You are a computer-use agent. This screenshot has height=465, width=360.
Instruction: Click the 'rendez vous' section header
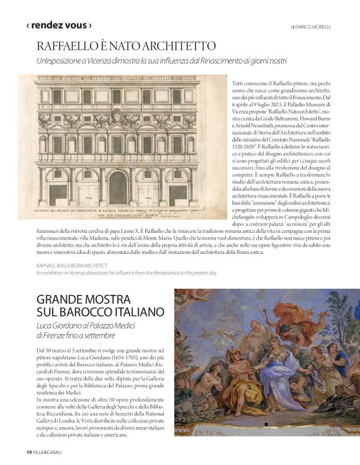tap(59, 25)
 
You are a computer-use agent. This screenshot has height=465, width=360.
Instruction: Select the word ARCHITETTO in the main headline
tap(181, 46)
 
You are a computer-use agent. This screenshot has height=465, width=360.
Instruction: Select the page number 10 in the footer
tap(29, 451)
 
